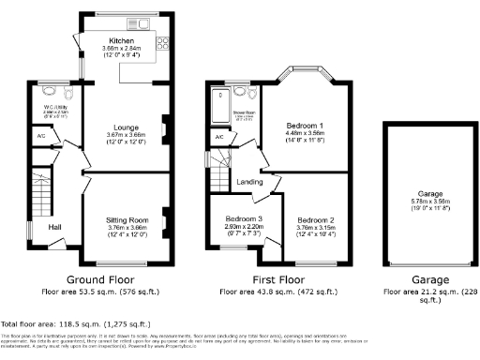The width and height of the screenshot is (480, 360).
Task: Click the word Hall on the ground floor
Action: [x=55, y=227]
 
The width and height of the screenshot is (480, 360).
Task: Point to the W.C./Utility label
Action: [x=52, y=108]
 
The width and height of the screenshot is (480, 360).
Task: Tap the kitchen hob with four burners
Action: [x=161, y=42]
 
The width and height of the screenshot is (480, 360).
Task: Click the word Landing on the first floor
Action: [x=248, y=183]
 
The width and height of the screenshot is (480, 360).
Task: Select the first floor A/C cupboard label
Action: [x=218, y=138]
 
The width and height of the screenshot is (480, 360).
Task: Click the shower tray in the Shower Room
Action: [x=219, y=97]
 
